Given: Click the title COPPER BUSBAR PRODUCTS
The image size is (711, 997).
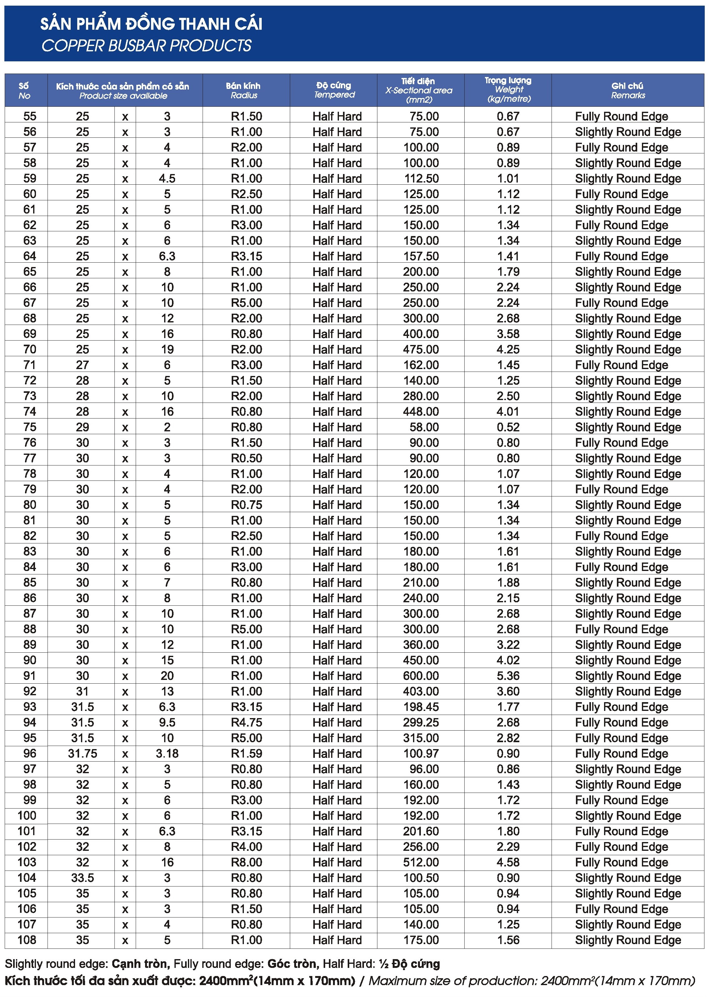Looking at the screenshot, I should (146, 46).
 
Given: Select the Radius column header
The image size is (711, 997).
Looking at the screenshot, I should (244, 90).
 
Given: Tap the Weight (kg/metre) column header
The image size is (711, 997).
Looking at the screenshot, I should (508, 90).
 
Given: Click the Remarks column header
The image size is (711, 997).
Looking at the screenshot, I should (628, 90).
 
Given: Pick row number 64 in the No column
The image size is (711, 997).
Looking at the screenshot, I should (30, 256).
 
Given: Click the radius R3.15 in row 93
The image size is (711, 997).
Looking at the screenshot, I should (246, 707).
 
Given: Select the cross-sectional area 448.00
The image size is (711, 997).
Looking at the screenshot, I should (421, 412).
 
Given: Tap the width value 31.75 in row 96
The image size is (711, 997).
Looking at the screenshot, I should (82, 753).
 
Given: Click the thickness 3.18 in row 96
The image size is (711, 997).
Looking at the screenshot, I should (167, 753).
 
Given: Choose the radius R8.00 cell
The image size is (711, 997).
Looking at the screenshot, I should (246, 862).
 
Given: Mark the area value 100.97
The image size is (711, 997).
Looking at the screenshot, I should (421, 753).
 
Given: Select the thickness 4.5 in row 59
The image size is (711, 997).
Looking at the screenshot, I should (167, 178).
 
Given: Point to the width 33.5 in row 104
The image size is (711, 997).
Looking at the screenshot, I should (82, 878).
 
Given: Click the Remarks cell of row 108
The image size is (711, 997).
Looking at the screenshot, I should (628, 940).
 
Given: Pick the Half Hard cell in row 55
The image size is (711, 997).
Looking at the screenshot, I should (337, 116).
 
